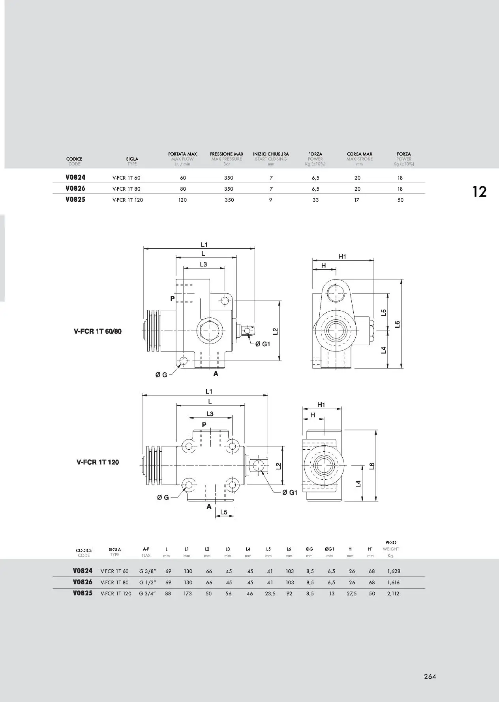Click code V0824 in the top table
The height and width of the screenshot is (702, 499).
[75, 177]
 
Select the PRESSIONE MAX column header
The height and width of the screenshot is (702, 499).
[227, 154]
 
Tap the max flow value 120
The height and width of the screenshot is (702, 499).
[182, 200]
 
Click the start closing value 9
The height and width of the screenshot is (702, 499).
[270, 200]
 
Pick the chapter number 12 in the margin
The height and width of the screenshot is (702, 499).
[479, 192]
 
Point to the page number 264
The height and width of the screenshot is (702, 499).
[430, 676]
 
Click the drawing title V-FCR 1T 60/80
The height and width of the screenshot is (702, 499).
[98, 331]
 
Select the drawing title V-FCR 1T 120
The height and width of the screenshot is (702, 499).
[98, 462]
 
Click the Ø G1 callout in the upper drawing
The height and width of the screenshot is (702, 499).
[263, 344]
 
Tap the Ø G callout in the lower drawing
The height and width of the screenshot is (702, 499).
[163, 497]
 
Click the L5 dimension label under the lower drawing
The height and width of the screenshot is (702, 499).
[224, 512]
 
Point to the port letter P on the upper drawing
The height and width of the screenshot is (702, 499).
[173, 298]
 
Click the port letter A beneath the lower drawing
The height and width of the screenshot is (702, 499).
[209, 507]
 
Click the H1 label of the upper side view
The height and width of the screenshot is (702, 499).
[342, 256]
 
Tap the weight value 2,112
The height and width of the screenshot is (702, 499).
[393, 593]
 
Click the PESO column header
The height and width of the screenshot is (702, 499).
[391, 542]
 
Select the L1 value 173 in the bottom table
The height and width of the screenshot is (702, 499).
[188, 593]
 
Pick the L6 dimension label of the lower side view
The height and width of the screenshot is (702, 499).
[371, 466]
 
